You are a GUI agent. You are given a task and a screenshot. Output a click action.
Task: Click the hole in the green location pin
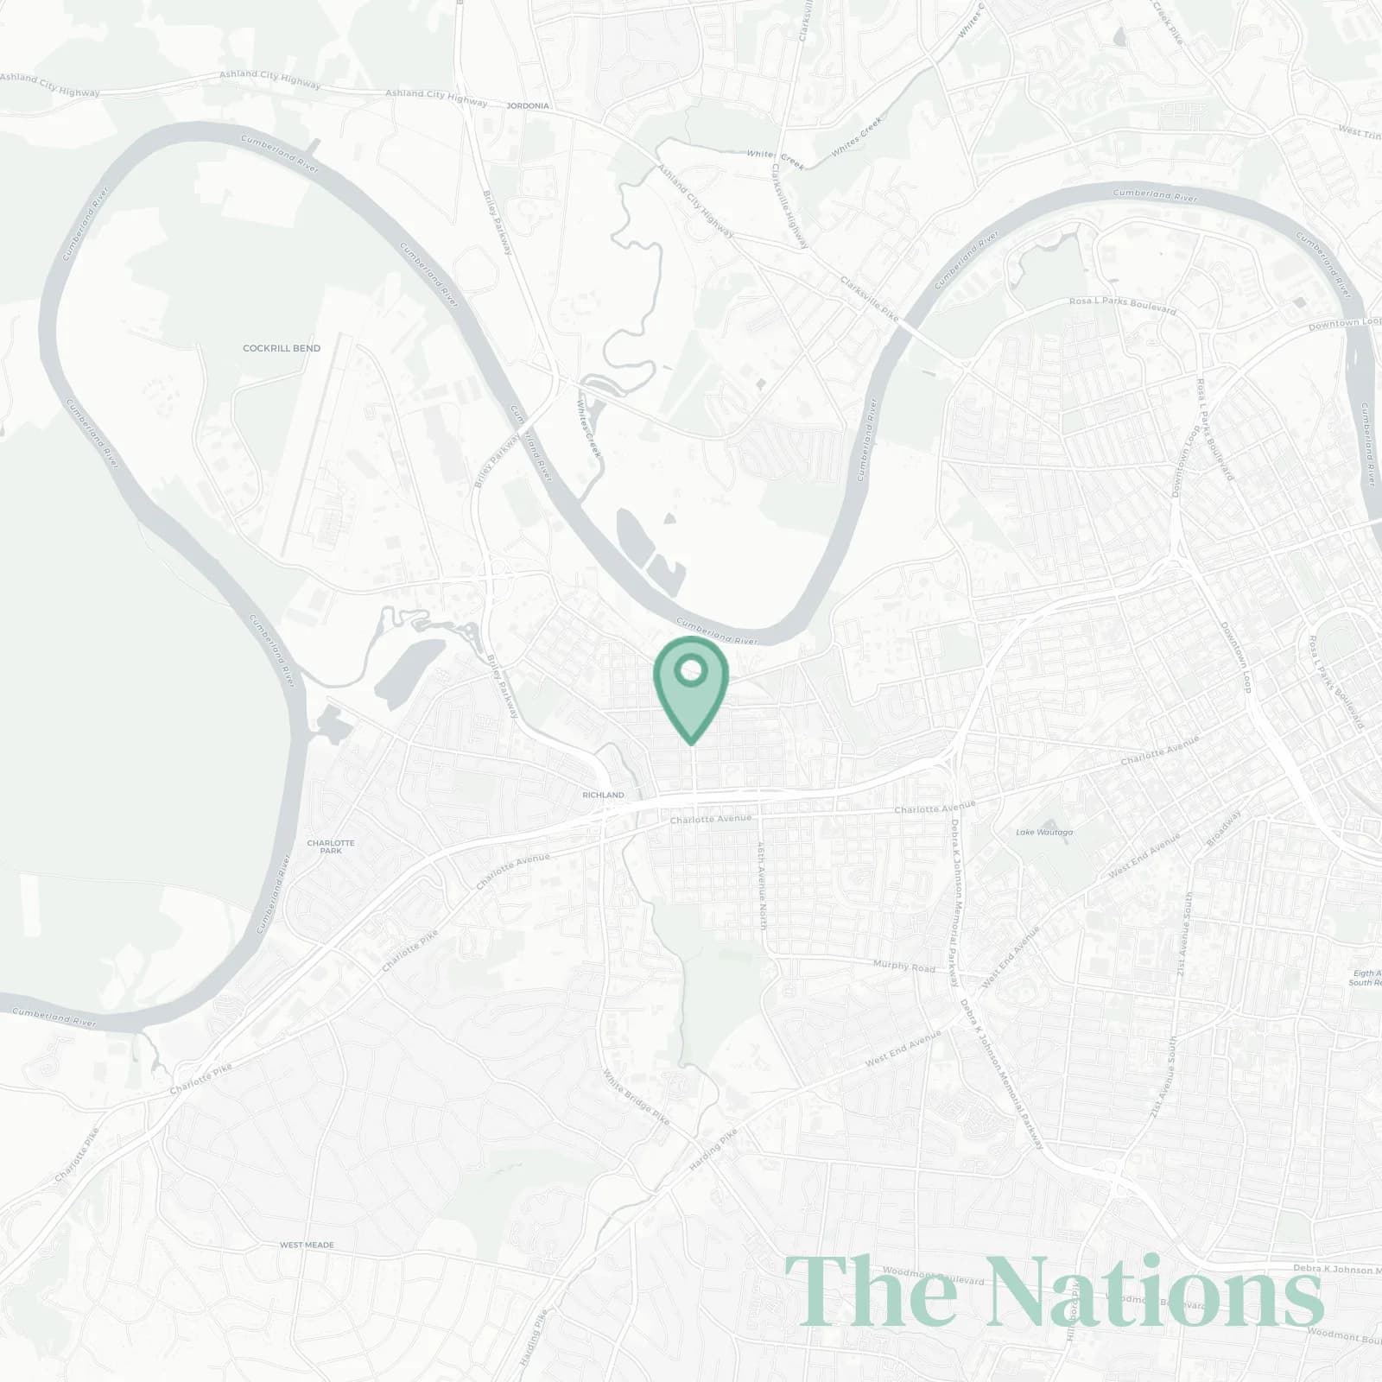690,670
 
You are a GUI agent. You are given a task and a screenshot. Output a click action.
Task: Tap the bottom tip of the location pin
690,743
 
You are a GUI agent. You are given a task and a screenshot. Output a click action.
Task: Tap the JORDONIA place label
528,106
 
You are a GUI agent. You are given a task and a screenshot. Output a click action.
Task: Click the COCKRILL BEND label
282,349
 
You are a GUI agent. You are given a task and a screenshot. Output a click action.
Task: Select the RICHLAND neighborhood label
603,795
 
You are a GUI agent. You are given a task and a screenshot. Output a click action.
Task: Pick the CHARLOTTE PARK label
331,846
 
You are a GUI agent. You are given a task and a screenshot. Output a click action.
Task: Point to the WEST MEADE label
307,1246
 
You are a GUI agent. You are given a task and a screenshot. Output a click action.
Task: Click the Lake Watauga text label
1044,833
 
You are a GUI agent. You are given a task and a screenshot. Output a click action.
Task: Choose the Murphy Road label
903,966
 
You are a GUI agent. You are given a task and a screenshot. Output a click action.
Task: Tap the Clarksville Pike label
870,298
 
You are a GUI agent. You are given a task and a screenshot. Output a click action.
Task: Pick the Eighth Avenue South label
1366,978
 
